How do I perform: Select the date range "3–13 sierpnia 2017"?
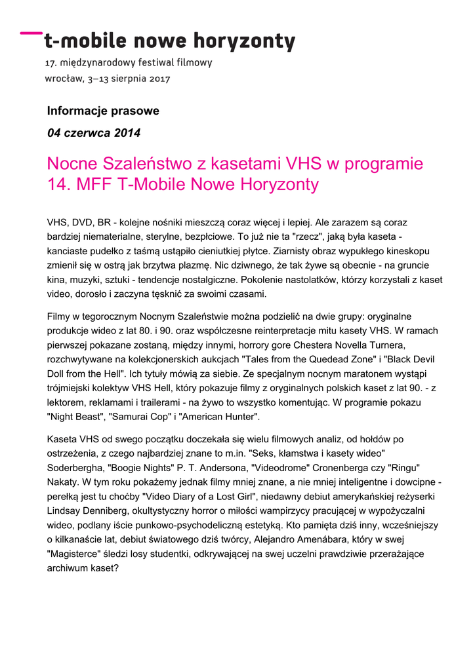coord(129,79)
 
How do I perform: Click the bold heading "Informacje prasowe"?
coord(103,111)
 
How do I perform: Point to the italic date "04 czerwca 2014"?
coord(94,133)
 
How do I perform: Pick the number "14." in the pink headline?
coord(60,185)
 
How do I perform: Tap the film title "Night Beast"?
coord(75,416)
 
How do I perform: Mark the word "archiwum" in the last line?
coord(70,568)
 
